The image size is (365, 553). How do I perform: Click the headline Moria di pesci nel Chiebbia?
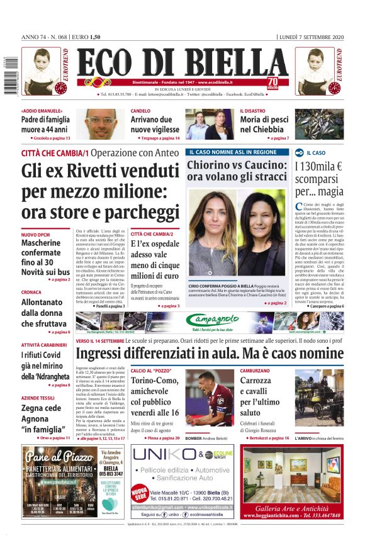[x=264, y=125]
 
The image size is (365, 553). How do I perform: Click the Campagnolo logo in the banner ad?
[x=212, y=319]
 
